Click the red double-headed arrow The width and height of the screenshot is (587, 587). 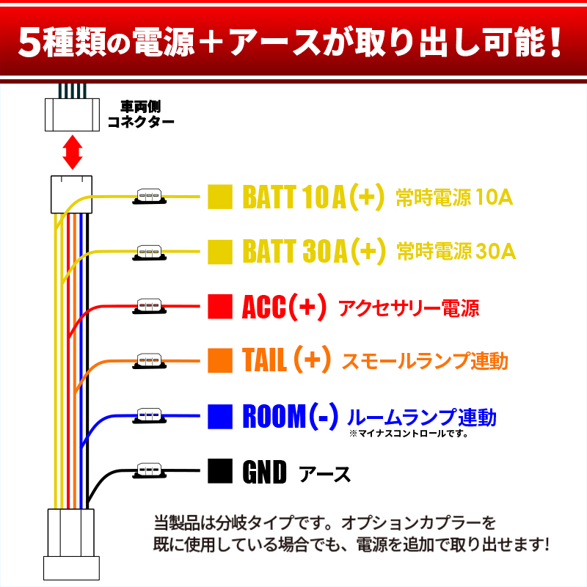point(72,153)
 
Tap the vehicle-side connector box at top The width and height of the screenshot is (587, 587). point(72,114)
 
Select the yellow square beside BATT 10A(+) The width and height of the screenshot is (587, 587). point(220,197)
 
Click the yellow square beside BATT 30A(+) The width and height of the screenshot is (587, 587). point(220,252)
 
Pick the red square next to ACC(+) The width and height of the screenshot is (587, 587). point(220,307)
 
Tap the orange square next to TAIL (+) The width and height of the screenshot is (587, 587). point(220,360)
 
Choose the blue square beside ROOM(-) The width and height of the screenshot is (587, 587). point(220,416)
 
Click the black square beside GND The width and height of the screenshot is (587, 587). point(220,471)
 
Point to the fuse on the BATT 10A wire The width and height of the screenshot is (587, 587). point(150,197)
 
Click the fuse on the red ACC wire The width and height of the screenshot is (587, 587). point(150,307)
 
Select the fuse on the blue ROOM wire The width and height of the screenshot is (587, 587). point(150,416)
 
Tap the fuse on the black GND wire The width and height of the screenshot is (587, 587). point(150,471)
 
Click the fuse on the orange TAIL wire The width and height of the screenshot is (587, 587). point(150,361)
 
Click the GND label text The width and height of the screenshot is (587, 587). point(264,472)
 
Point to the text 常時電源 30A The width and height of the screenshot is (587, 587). point(456,251)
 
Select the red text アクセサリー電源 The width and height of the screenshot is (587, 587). point(409,308)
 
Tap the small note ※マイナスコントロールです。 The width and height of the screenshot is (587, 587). point(409,434)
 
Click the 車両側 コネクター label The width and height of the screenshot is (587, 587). point(141,114)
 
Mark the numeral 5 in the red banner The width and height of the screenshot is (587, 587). point(29,43)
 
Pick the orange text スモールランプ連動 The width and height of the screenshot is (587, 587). point(425,361)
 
